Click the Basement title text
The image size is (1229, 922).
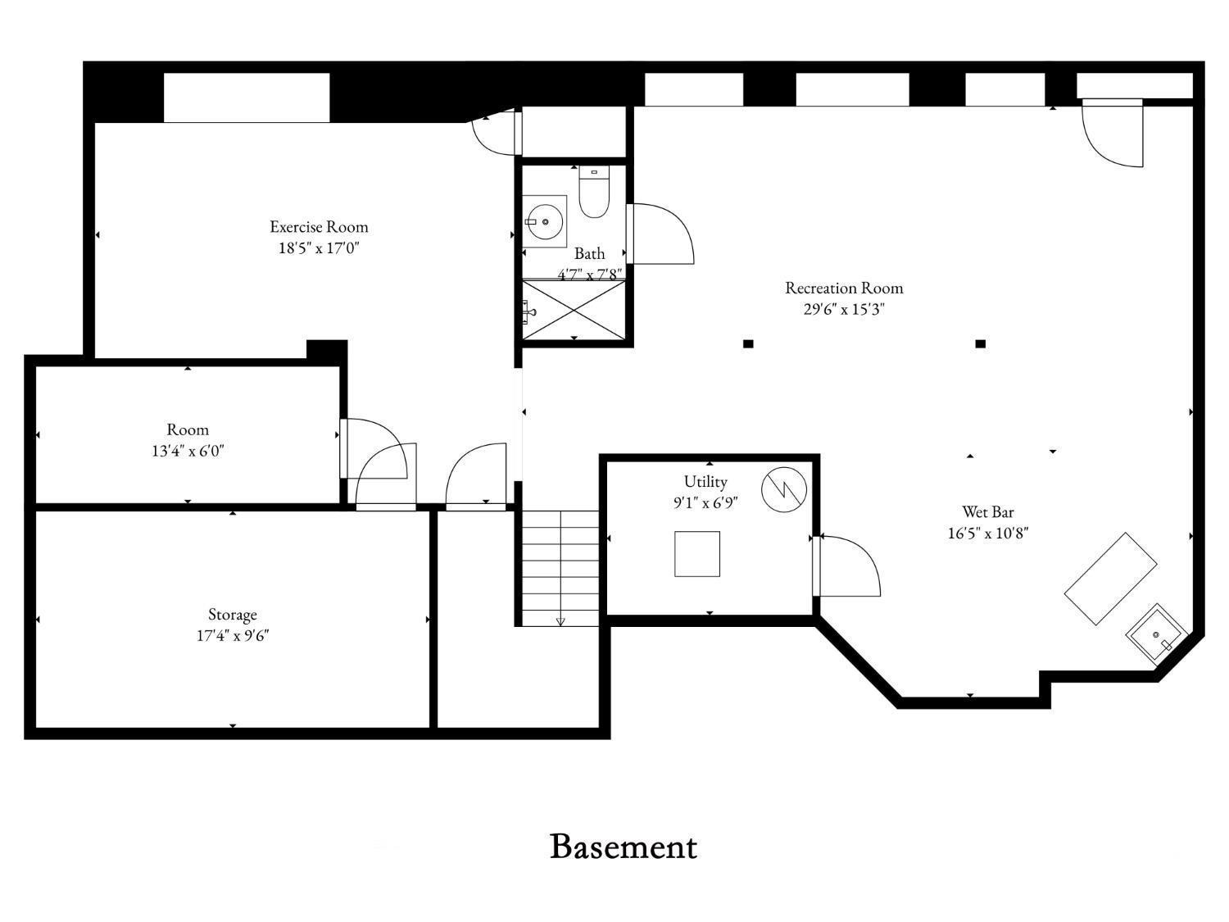point(623,847)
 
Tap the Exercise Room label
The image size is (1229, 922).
point(319,227)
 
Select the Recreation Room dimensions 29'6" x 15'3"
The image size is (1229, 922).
point(844,309)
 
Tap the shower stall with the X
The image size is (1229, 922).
point(574,309)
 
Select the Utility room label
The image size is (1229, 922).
point(705,481)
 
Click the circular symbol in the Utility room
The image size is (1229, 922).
point(784,490)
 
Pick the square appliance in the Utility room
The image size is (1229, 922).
point(697,554)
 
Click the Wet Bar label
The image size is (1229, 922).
point(987,512)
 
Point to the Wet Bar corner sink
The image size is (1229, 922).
point(1157,634)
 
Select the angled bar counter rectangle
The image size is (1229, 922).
point(1110,579)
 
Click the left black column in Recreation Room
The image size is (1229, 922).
point(748,344)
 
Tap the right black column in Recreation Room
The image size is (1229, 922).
point(980,344)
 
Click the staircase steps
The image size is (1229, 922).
point(560,568)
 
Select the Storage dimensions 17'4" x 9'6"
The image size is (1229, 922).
point(233,635)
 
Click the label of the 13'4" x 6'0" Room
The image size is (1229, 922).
point(188,429)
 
